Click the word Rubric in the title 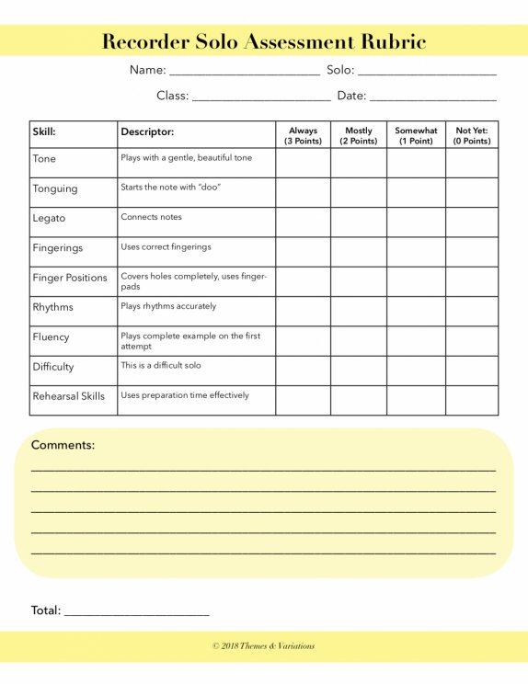pyautogui.click(x=385, y=41)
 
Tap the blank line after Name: pyautogui.click(x=244, y=72)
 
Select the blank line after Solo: pyautogui.click(x=426, y=72)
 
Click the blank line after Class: pyautogui.click(x=261, y=97)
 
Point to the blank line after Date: pyautogui.click(x=432, y=97)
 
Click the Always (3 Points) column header pyautogui.click(x=303, y=135)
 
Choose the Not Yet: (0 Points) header pyautogui.click(x=472, y=135)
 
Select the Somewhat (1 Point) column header pyautogui.click(x=416, y=135)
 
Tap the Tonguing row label pyautogui.click(x=55, y=188)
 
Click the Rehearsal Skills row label pyautogui.click(x=69, y=396)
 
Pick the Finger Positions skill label pyautogui.click(x=70, y=278)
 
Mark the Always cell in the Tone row pyautogui.click(x=303, y=163)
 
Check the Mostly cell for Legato pyautogui.click(x=359, y=222)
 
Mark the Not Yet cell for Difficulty pyautogui.click(x=472, y=370)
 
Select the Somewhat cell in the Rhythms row pyautogui.click(x=416, y=311)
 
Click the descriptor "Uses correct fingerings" pyautogui.click(x=166, y=246)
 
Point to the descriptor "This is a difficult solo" pyautogui.click(x=161, y=365)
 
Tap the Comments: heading pyautogui.click(x=63, y=445)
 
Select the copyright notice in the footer pyautogui.click(x=264, y=646)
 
